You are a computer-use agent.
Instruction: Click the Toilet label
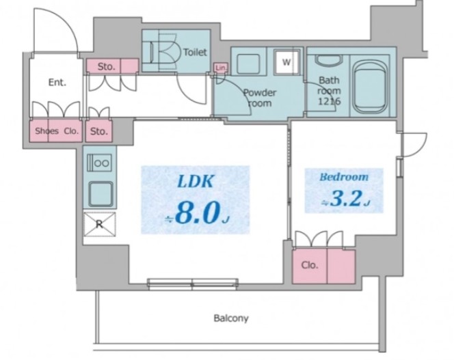[x=195, y=52]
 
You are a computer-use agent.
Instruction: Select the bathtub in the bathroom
[x=371, y=87]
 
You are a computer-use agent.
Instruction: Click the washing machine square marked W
[x=286, y=61]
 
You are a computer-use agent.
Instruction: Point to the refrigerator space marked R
[x=99, y=224]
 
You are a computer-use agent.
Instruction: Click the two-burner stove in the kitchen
[x=99, y=163]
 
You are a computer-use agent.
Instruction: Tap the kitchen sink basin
[x=101, y=194]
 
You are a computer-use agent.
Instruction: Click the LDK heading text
[x=195, y=182]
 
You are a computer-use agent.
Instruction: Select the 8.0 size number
[x=196, y=214]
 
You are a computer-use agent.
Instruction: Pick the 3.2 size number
[x=346, y=199]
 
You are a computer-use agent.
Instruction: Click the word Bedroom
[x=344, y=176]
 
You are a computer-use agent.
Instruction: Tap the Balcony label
[x=231, y=318]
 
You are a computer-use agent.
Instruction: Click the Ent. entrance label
[x=57, y=83]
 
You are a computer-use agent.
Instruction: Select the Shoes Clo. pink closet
[x=56, y=130]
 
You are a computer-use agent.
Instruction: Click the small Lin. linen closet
[x=221, y=68]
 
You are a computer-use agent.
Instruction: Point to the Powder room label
[x=260, y=98]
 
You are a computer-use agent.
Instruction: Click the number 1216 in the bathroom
[x=329, y=101]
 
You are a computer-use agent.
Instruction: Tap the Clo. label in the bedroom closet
[x=310, y=265]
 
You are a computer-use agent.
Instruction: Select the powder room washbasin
[x=248, y=64]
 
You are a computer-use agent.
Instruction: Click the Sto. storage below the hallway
[x=99, y=130]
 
